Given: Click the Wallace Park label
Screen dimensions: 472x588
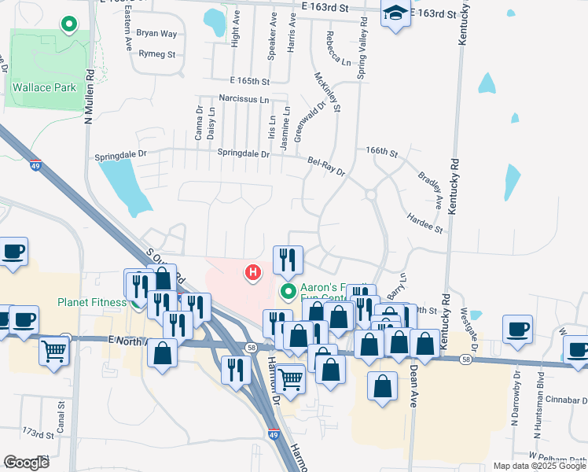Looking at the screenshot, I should [x=43, y=87].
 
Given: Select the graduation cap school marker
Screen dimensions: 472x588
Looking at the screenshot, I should [x=395, y=13].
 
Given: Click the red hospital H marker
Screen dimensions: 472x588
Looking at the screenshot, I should [x=253, y=273].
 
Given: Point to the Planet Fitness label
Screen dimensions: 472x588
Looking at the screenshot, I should [x=91, y=302].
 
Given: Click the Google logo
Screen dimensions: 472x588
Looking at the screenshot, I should [x=27, y=463].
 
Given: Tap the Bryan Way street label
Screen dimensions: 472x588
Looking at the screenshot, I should [x=156, y=33].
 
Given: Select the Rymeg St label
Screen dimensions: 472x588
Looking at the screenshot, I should [x=156, y=54].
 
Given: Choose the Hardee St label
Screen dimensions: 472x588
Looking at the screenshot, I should [x=424, y=223].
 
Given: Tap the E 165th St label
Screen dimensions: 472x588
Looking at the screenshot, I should [x=250, y=81].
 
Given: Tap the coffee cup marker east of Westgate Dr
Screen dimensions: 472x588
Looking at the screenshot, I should [x=518, y=329].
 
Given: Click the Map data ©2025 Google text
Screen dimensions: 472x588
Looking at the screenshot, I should [x=539, y=466].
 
